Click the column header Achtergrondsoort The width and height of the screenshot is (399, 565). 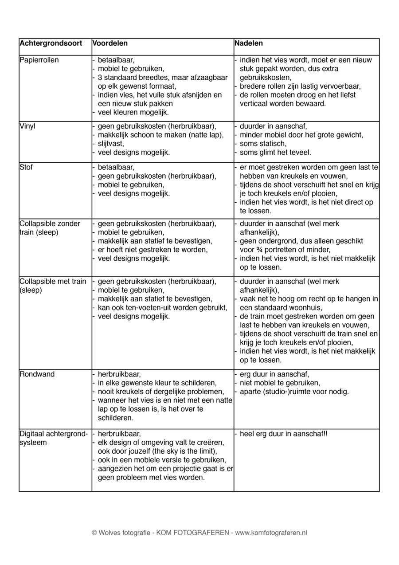tap(51, 43)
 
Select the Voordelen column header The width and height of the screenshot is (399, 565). tap(110, 43)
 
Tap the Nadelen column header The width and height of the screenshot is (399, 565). tap(249, 43)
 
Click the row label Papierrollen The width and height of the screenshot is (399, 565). tap(39, 60)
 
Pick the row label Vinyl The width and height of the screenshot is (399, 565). tap(27, 126)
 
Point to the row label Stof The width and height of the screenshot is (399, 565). tap(26, 168)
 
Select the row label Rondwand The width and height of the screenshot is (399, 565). tap(37, 374)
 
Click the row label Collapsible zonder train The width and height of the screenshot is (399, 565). tap(50, 228)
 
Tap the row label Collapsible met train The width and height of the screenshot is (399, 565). tap(53, 286)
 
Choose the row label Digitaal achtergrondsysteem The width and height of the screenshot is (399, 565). tap(54, 438)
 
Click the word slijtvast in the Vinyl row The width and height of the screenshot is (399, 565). tap(111, 144)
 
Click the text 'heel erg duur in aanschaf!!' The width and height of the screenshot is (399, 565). tap(284, 434)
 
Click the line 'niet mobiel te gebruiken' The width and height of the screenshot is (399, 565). tap(280, 383)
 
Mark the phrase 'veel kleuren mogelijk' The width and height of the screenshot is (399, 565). tap(133, 113)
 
